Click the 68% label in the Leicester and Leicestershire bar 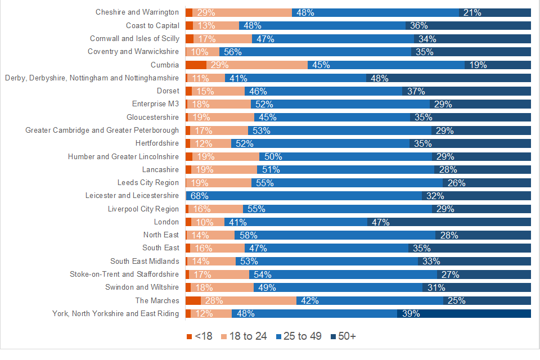[200, 196]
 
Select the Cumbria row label [165, 65]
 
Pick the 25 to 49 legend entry [298, 336]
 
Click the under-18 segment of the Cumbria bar [196, 65]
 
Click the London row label [166, 222]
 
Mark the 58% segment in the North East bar [335, 235]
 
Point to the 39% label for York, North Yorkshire [410, 314]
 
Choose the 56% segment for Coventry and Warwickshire [315, 52]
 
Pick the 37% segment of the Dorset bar [466, 91]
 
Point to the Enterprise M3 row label [155, 104]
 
